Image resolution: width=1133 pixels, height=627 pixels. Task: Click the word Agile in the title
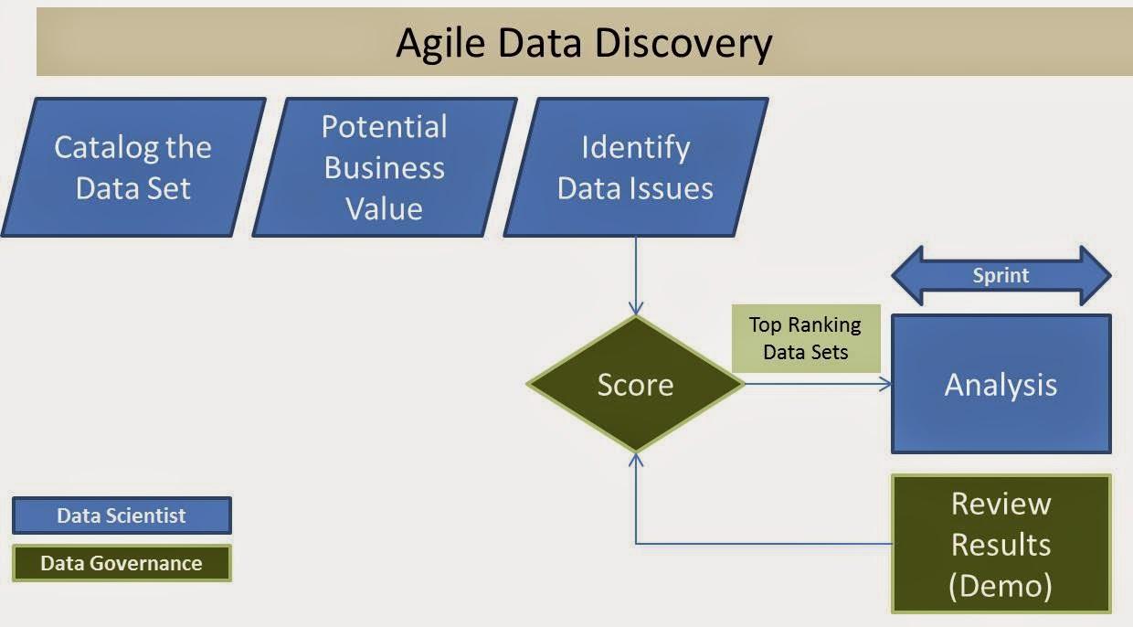coord(436,43)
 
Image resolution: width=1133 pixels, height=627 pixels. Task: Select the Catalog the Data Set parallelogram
coord(133,167)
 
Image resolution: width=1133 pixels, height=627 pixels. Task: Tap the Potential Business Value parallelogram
coord(385,167)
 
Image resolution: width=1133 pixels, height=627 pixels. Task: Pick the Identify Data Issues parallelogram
coord(636,167)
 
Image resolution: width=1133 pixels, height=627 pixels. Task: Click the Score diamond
coord(636,384)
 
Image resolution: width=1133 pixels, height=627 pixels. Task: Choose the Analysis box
coord(1001,384)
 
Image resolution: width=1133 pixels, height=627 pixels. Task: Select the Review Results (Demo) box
coord(1001,544)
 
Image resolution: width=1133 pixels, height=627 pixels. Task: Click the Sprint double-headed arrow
coord(1001,275)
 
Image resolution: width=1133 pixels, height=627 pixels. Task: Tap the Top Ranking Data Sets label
coord(805,338)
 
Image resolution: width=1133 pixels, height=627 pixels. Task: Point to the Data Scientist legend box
coord(122,515)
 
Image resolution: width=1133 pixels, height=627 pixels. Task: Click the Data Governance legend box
coord(122,563)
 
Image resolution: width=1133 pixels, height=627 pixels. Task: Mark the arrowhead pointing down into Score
coord(636,308)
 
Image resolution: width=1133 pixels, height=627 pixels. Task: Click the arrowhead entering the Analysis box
coord(884,384)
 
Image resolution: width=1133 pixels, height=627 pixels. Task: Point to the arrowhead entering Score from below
coord(636,460)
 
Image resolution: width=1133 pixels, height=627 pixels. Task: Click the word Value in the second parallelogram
coord(385,208)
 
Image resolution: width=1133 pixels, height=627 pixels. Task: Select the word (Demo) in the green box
coord(1001,585)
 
